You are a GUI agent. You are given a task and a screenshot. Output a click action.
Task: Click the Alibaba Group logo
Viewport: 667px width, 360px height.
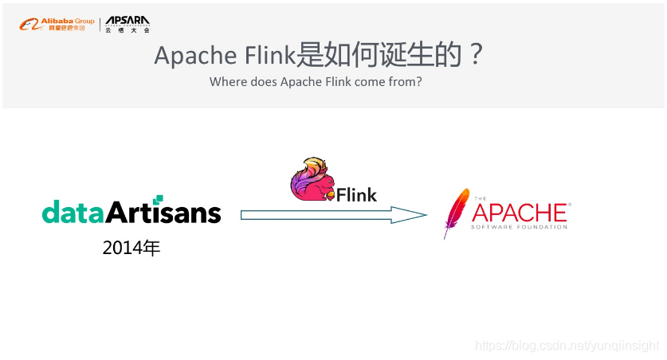click(57, 24)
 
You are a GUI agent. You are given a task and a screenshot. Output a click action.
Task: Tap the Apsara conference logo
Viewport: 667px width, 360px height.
click(128, 24)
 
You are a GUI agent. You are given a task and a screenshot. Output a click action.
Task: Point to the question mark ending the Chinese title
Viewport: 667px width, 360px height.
click(475, 56)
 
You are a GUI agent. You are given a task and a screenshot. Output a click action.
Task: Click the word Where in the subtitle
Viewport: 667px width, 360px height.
click(226, 82)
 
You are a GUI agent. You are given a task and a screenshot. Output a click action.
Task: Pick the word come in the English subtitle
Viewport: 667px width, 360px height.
click(373, 82)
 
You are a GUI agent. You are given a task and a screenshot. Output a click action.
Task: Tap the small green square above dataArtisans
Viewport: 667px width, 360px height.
click(159, 199)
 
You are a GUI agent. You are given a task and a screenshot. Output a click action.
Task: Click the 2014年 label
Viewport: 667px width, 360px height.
click(131, 248)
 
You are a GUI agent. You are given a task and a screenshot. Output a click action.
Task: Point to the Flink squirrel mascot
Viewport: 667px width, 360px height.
click(312, 179)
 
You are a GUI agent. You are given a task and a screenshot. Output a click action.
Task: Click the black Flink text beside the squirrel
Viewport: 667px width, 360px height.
click(356, 194)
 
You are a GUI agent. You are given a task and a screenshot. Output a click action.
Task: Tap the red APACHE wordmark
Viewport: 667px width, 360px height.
click(520, 212)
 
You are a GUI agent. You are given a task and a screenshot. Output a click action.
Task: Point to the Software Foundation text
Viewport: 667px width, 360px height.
click(520, 227)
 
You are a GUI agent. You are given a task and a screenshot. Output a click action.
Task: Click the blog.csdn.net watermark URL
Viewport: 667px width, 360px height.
click(567, 346)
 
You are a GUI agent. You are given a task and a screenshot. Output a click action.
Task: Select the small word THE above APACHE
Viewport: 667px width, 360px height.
click(479, 198)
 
